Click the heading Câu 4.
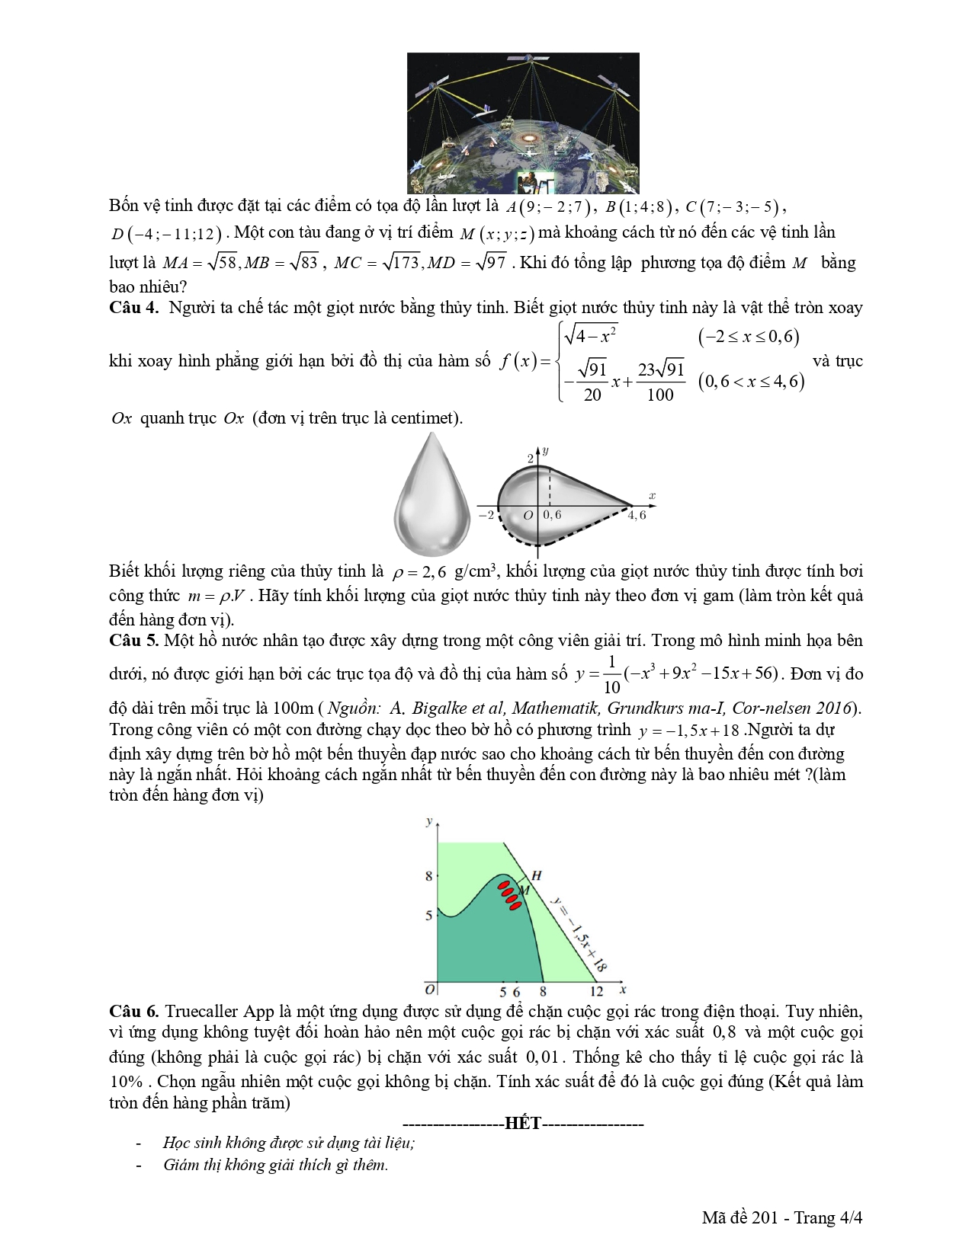point(133,308)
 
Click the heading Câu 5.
point(133,641)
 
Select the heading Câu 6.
point(133,1012)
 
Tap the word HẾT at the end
point(522,1124)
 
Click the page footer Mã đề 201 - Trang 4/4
point(781,1217)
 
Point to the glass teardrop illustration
point(432,494)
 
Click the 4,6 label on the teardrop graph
point(637,516)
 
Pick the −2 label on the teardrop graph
point(486,515)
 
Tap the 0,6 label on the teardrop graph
point(552,515)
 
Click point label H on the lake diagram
point(536,875)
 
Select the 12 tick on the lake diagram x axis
point(596,992)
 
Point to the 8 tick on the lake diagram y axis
point(428,876)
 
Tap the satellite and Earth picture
point(523,123)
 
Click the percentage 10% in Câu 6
point(126,1082)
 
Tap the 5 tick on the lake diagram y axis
point(428,915)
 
